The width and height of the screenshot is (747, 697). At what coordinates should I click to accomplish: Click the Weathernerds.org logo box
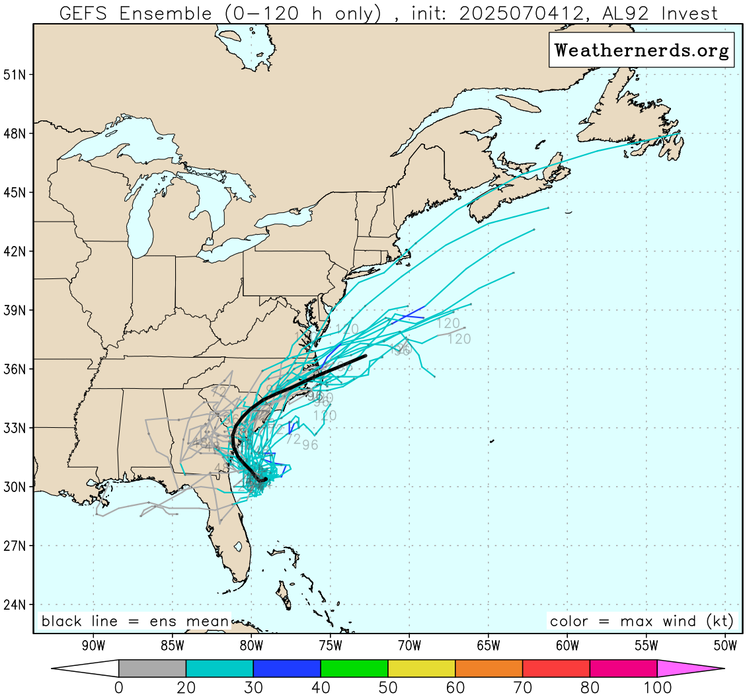641,50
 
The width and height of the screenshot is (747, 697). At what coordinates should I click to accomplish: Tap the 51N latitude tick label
14,75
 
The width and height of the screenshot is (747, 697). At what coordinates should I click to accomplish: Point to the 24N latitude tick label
14,604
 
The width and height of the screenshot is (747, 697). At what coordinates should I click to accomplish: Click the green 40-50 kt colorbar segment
354,669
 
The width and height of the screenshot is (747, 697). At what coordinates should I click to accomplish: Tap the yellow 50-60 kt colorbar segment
422,669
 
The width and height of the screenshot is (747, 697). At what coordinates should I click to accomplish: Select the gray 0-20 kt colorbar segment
153,669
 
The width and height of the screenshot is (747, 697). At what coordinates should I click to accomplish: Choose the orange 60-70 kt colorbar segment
489,669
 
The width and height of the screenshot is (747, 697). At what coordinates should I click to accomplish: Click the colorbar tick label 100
657,688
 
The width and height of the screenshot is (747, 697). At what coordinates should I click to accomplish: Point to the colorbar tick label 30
253,688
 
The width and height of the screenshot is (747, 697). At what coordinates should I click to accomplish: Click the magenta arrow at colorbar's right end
691,669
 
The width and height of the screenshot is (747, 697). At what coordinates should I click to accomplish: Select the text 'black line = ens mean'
135,622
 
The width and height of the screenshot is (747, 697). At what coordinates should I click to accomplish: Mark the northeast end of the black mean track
366,356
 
